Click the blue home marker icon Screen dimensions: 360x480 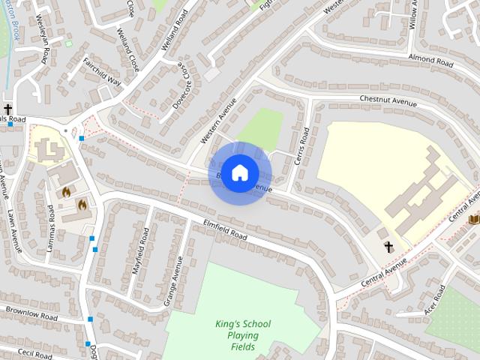pos(239,173)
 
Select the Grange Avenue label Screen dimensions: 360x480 pos(173,280)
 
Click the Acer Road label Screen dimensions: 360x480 pos(434,298)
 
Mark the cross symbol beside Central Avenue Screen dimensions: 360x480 pos(388,247)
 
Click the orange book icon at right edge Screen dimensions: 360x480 pos(473,219)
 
